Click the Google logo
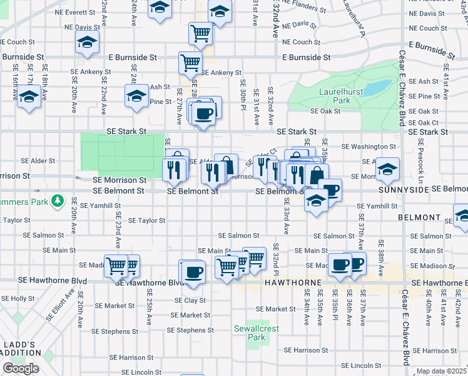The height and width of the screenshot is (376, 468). [21, 368]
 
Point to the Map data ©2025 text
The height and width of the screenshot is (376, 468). [441, 372]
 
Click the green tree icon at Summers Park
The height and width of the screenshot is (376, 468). [58, 201]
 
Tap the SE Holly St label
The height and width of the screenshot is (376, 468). [18, 299]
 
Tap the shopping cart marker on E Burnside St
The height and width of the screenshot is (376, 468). [190, 61]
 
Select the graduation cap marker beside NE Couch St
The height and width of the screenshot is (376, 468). [86, 42]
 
